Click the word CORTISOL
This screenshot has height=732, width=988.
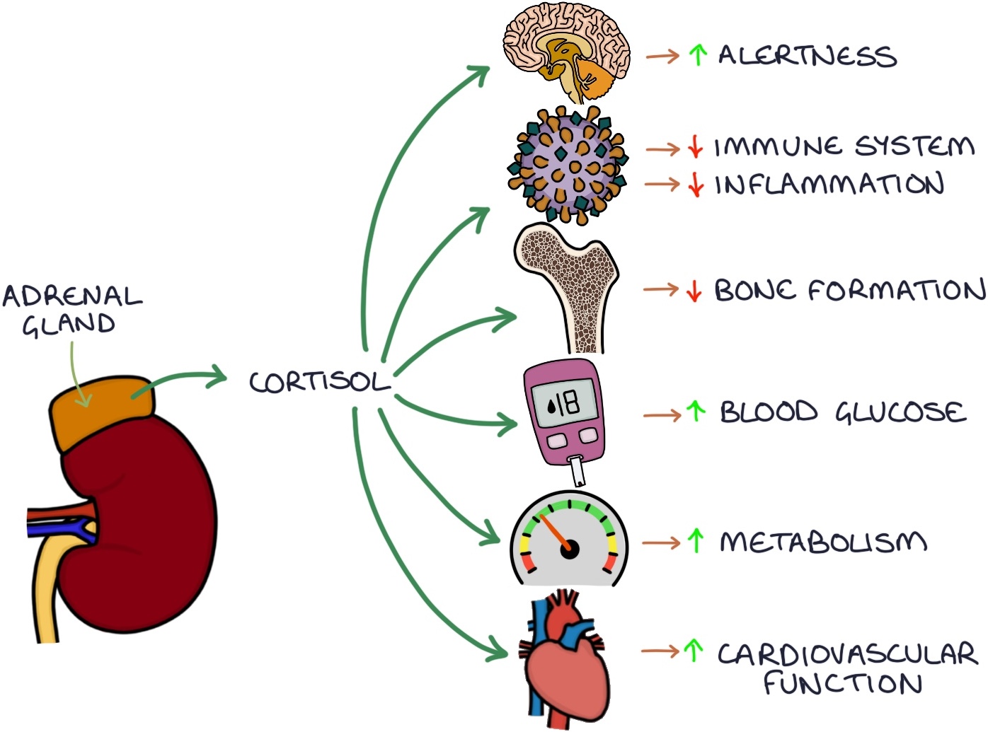tap(319, 382)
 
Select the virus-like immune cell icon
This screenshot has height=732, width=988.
tap(568, 165)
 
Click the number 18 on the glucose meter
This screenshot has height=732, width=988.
tap(566, 405)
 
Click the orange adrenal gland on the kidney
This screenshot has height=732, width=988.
tap(99, 410)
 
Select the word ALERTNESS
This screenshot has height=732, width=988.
tap(807, 56)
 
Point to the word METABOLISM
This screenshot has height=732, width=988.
tap(823, 542)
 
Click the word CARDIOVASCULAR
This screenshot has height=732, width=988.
tap(847, 654)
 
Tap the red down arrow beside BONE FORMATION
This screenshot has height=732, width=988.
tap(694, 290)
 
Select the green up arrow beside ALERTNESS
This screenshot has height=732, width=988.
tap(698, 54)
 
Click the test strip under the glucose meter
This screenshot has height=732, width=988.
tap(578, 470)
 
